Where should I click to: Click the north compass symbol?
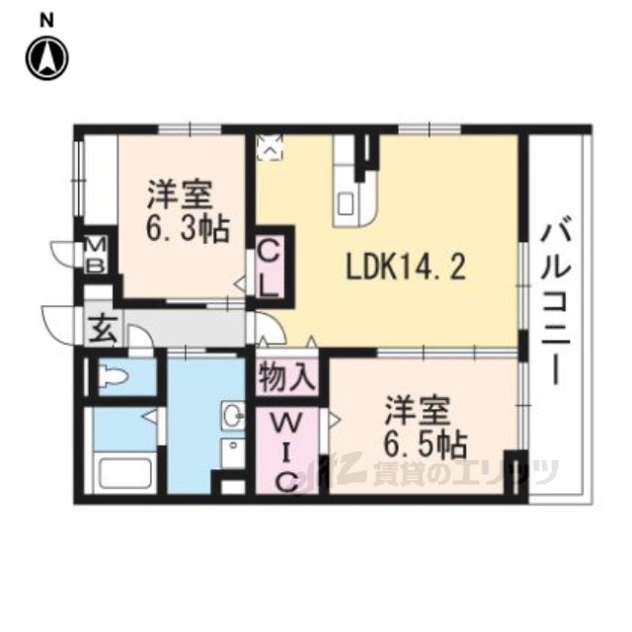pyautogui.click(x=46, y=57)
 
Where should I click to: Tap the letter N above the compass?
pyautogui.click(x=46, y=17)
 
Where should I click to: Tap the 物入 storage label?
pyautogui.click(x=287, y=377)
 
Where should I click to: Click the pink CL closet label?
pyautogui.click(x=270, y=269)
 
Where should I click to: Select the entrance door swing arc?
pyautogui.click(x=57, y=321)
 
